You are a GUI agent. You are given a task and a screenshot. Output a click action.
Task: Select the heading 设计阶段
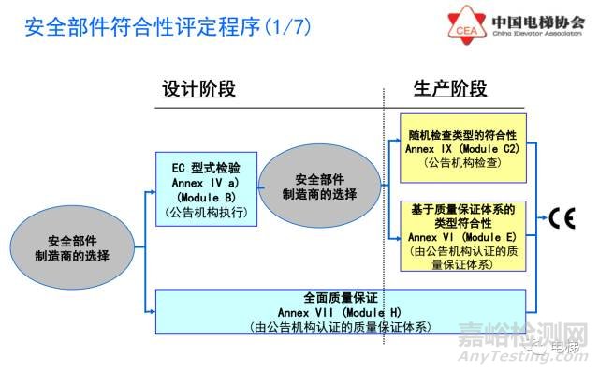[x=199, y=89]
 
